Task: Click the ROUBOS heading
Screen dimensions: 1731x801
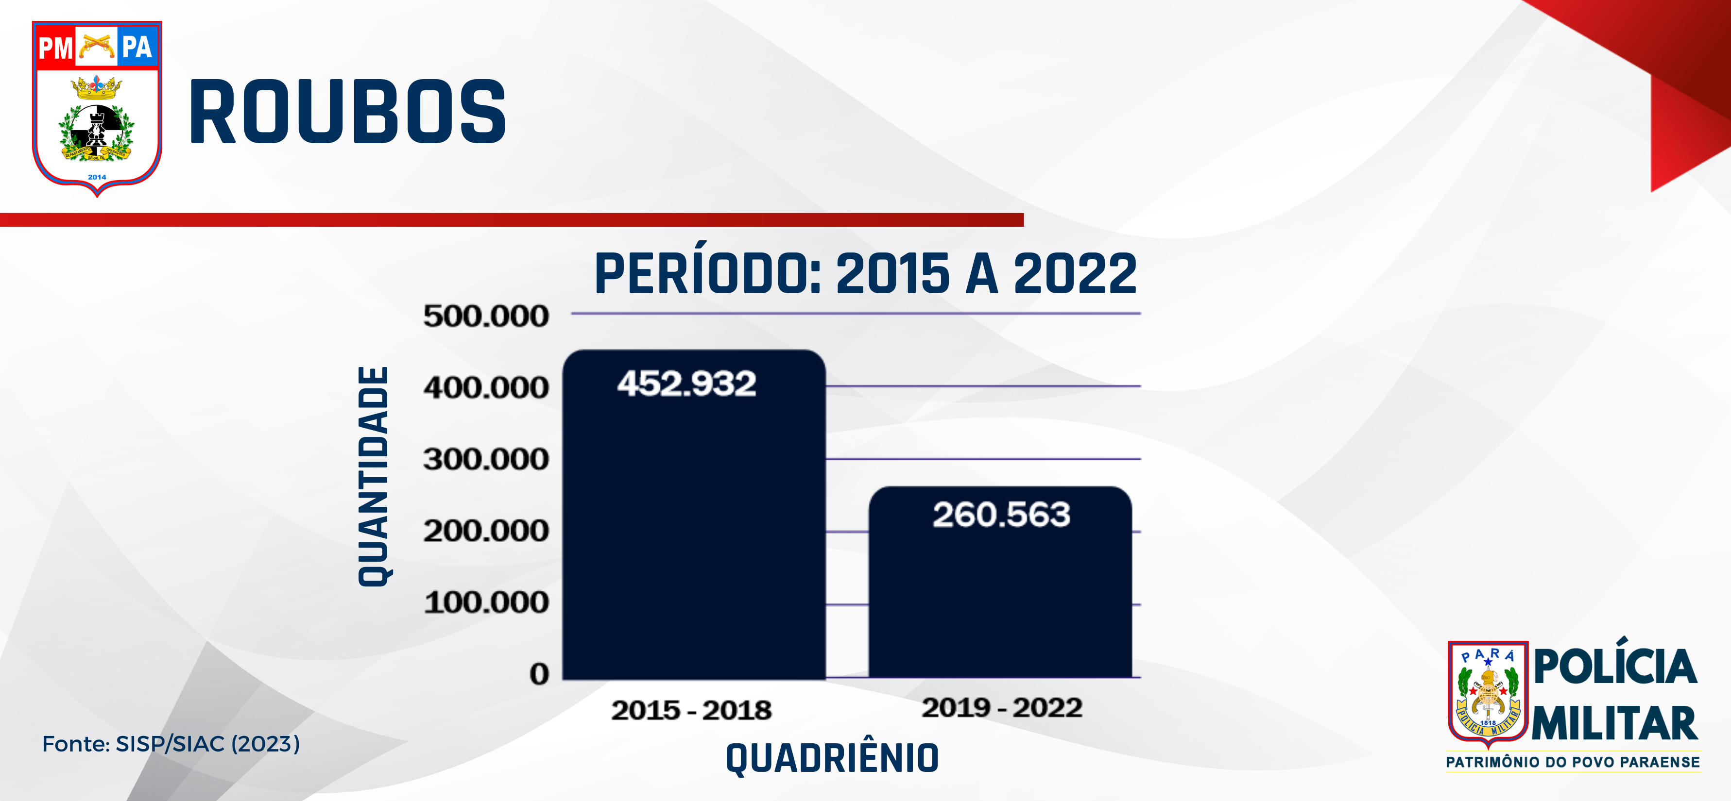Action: (x=347, y=112)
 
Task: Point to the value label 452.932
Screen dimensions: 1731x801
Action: (x=687, y=384)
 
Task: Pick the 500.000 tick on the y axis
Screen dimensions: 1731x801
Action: (x=486, y=316)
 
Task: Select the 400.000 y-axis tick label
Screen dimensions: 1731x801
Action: (x=486, y=388)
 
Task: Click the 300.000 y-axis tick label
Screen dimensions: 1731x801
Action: (x=486, y=460)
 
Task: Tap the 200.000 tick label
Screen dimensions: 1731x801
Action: (x=486, y=531)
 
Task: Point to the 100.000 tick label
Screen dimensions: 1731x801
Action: (x=486, y=602)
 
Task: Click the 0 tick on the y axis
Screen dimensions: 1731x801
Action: (x=539, y=673)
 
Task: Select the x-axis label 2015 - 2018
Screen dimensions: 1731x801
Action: (x=691, y=710)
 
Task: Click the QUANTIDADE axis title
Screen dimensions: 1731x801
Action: (x=374, y=476)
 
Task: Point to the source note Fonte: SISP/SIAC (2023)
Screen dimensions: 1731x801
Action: (x=171, y=744)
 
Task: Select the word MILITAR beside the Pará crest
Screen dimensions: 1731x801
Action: (x=1615, y=723)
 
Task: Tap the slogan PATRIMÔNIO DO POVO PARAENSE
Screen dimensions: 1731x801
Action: (x=1573, y=762)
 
